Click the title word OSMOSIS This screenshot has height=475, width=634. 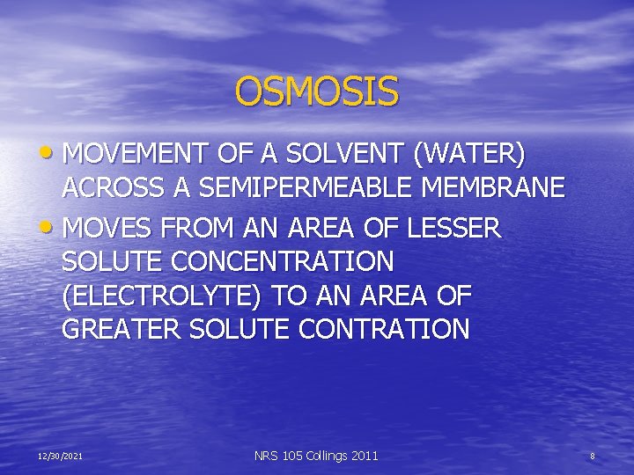coord(317,91)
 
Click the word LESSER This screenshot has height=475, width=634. coord(453,229)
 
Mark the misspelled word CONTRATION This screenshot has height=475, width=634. coord(385,330)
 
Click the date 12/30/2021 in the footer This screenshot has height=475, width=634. coord(61,457)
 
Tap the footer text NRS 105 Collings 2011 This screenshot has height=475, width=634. coord(316,456)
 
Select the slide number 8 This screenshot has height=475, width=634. coord(593,457)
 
